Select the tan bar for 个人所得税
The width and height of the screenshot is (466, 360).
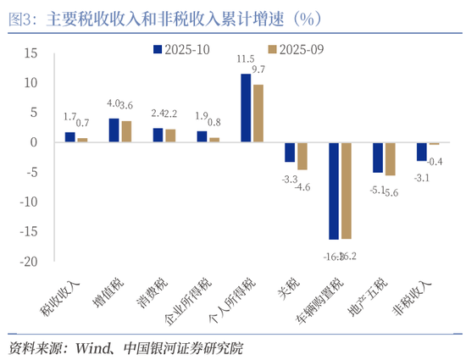(x=258, y=113)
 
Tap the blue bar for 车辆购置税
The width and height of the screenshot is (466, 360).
(x=334, y=191)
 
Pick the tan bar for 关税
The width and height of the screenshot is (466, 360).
(x=302, y=156)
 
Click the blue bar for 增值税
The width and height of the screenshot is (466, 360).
(x=114, y=130)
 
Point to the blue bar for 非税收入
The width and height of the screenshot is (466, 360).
(x=421, y=152)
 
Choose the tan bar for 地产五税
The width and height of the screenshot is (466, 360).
(x=390, y=159)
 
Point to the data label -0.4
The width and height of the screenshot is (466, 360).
(x=435, y=161)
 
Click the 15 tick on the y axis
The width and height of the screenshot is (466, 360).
(x=31, y=53)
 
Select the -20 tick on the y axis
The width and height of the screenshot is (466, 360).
(x=28, y=262)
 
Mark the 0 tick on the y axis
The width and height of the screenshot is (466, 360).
(x=35, y=142)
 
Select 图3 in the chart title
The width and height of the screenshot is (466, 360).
(x=19, y=16)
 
